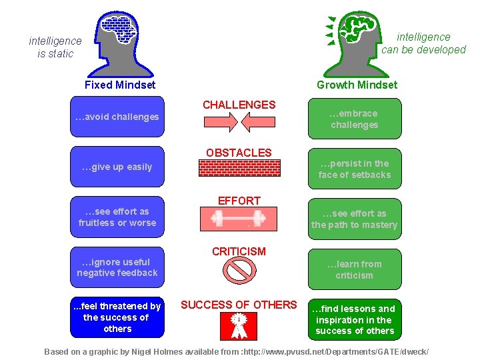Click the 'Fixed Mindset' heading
click(x=120, y=85)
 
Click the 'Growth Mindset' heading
click(x=357, y=85)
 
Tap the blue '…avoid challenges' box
click(x=117, y=117)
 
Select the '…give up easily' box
click(x=117, y=167)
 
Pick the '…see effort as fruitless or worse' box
click(x=117, y=217)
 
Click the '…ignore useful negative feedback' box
click(x=117, y=267)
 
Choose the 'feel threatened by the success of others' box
click(x=117, y=317)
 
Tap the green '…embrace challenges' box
click(x=354, y=119)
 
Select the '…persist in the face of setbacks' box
click(x=354, y=169)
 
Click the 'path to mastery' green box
click(x=354, y=219)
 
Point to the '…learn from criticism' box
click(x=354, y=269)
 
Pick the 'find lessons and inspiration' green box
click(x=354, y=319)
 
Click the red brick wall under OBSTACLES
click(x=239, y=168)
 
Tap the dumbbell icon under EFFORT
click(x=239, y=217)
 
